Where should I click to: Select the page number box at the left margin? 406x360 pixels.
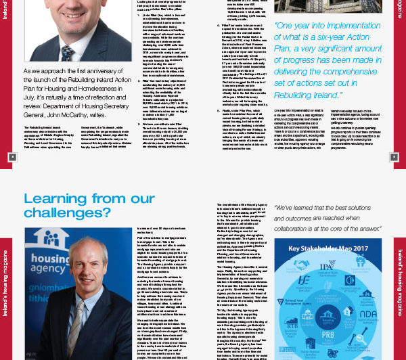click(12, 157)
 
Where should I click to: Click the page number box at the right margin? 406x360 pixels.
click(394, 157)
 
